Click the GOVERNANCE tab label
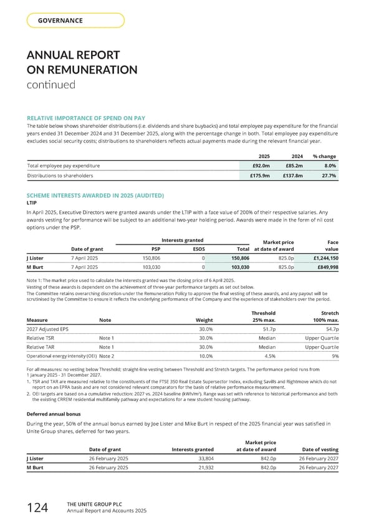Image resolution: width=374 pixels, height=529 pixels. (x=61, y=21)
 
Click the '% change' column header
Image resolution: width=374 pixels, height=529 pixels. (x=325, y=155)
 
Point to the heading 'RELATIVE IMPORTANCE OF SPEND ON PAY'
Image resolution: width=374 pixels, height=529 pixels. (x=87, y=117)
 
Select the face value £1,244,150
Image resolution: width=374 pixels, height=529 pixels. (x=322, y=257)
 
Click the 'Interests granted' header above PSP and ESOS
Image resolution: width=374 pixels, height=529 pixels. (x=181, y=240)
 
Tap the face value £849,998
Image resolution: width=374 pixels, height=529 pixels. (x=324, y=267)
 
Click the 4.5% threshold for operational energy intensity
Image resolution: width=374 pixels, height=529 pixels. (x=269, y=356)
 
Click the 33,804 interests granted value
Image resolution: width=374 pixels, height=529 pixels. (x=201, y=458)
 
